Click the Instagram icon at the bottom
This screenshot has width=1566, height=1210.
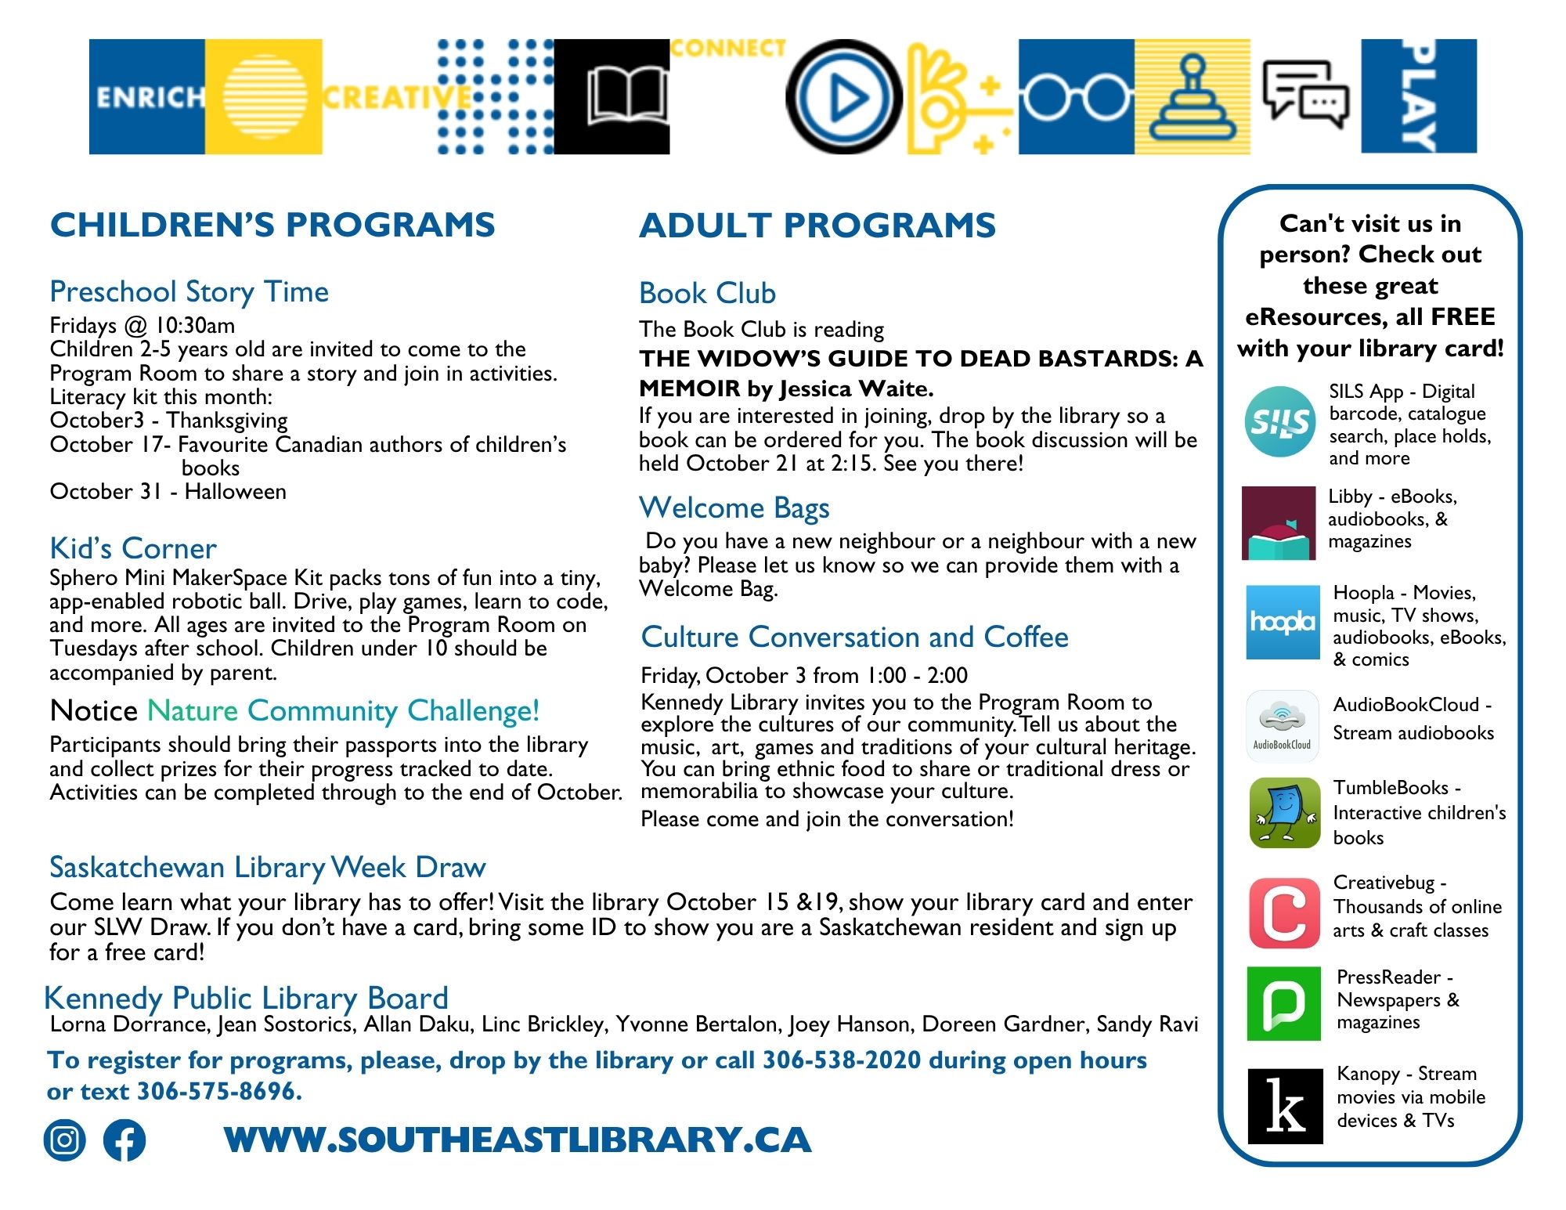64,1140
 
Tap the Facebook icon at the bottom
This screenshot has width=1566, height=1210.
124,1140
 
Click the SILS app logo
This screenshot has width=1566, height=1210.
1280,422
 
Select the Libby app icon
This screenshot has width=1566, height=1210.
1279,523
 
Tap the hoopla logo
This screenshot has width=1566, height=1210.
1282,622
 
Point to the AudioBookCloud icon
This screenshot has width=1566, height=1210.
1282,726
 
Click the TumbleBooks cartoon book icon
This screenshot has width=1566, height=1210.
1285,813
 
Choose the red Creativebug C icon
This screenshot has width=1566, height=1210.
1284,913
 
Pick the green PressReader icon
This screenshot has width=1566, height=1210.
1284,1003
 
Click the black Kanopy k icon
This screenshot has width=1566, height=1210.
1285,1106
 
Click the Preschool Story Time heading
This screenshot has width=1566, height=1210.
189,292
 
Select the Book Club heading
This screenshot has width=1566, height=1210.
707,294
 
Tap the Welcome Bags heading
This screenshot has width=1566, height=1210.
734,508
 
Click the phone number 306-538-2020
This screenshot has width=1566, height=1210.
841,1060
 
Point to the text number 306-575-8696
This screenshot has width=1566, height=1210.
218,1091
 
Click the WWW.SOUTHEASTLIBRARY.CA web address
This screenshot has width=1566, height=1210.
517,1140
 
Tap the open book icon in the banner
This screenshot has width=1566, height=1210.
626,96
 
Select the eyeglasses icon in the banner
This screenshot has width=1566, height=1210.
1076,97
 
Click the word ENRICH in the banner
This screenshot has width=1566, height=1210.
148,97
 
